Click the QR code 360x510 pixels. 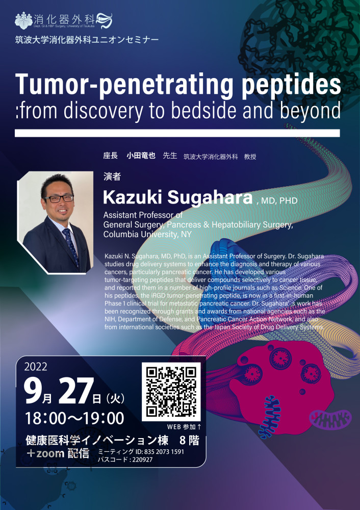click(171, 392)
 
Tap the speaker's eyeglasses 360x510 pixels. click(59, 198)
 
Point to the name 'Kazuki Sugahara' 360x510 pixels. click(177, 197)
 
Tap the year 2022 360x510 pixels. click(36, 367)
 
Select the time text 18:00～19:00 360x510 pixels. click(74, 418)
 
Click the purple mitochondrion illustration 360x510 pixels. click(330, 420)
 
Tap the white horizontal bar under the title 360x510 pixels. click(177, 133)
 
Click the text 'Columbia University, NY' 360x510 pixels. click(147, 234)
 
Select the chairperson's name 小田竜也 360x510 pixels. click(141, 156)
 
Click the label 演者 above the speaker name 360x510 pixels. click(112, 176)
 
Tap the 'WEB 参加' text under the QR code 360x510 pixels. click(182, 426)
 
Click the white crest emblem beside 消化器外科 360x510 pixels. click(24, 20)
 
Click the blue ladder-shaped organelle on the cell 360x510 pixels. click(269, 416)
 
